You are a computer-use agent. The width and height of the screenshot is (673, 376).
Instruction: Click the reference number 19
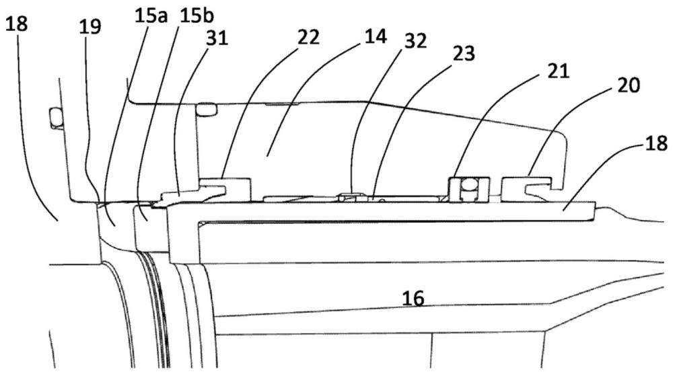(x=90, y=27)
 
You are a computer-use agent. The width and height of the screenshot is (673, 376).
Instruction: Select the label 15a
(x=151, y=16)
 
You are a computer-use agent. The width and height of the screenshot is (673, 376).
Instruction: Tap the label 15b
(x=197, y=16)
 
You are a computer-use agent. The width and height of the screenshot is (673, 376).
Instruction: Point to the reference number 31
(x=217, y=38)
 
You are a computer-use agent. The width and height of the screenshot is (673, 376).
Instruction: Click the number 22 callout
(x=309, y=37)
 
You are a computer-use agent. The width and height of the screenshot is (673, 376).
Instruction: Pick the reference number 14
(x=376, y=36)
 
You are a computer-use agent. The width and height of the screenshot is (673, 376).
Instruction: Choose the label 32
(x=415, y=41)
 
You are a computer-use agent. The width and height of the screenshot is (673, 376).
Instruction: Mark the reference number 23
(x=464, y=54)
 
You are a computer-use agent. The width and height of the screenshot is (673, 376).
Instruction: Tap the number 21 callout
(x=559, y=71)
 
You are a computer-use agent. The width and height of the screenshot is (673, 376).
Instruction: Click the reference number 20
(x=629, y=85)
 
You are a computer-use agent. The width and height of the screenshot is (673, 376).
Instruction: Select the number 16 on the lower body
(x=413, y=299)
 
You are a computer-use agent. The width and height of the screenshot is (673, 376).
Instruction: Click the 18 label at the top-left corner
(x=17, y=24)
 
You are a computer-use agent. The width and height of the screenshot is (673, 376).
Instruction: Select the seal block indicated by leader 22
(x=225, y=189)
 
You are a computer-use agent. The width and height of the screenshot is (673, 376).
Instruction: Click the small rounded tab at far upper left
(x=55, y=118)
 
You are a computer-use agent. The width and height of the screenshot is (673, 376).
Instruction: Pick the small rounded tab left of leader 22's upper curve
(x=207, y=109)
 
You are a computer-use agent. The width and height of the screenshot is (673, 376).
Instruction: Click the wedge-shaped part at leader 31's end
(x=184, y=198)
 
